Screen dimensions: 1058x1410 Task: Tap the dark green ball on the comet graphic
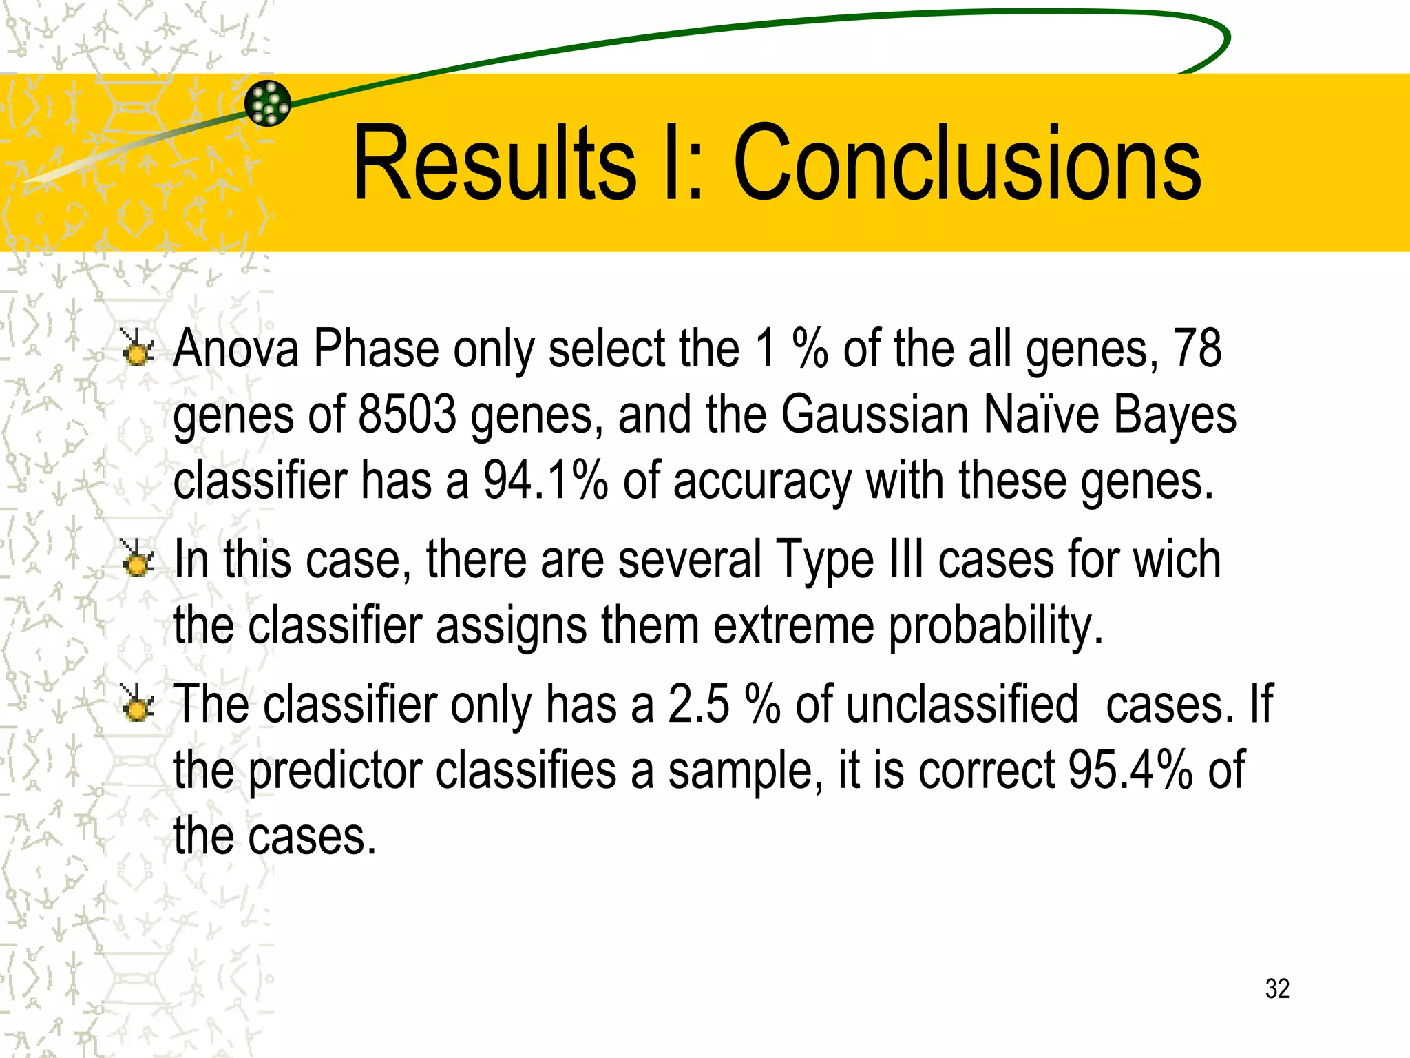[x=268, y=103]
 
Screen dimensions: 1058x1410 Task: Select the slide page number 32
[x=1277, y=988]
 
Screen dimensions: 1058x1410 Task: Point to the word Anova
[x=236, y=349]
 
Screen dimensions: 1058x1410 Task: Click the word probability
[x=996, y=626]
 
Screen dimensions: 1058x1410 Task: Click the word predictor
[x=335, y=771]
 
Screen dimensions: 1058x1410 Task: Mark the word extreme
[x=793, y=625]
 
